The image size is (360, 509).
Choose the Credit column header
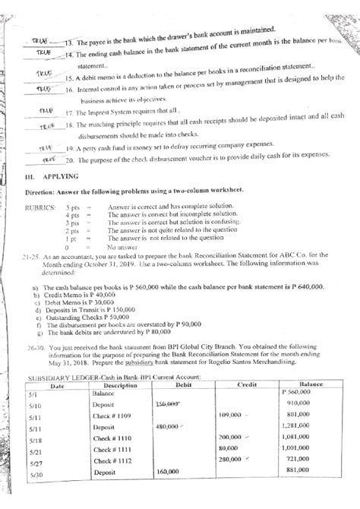(248, 384)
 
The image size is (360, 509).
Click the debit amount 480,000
(168, 426)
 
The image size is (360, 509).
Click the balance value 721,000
(306, 460)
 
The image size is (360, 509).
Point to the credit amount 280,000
(230, 460)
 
